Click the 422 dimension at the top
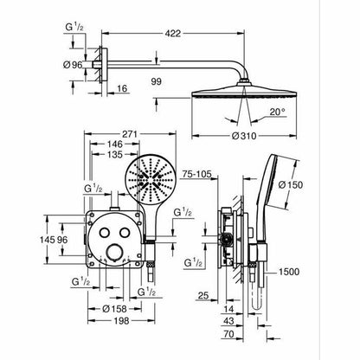173,34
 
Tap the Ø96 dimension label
73,65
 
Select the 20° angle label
278,112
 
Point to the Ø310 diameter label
244,136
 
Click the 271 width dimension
131,134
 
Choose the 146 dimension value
115,144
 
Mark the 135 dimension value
115,155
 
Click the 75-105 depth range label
197,174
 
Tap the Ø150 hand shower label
291,185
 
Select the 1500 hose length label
289,272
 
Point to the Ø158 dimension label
115,309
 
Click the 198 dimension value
121,321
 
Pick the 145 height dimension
48,240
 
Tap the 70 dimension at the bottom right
228,334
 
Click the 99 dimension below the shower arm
157,81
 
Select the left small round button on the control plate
105,233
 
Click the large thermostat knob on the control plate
115,252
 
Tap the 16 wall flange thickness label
122,88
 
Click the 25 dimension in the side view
203,295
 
